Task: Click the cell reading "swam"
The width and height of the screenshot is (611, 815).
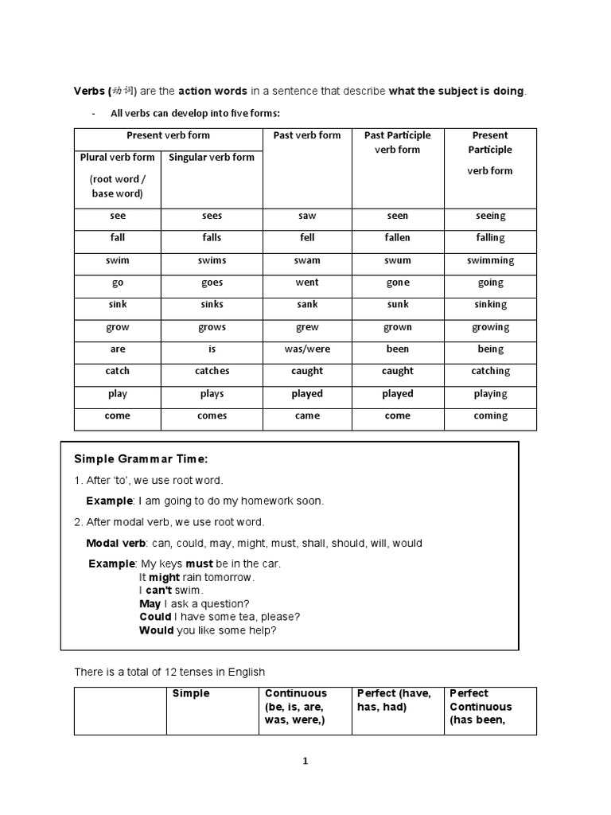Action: (307, 260)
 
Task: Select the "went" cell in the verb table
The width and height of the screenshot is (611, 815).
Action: (307, 283)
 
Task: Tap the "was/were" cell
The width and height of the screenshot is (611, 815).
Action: (307, 349)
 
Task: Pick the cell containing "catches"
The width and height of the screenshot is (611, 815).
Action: (212, 371)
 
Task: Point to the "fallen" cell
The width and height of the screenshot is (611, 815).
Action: (397, 238)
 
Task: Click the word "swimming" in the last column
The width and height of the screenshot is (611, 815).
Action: (490, 260)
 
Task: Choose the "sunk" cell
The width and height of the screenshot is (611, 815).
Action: (397, 304)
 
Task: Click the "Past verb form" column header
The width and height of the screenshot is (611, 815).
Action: (307, 135)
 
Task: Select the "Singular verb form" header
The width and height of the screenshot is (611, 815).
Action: (212, 158)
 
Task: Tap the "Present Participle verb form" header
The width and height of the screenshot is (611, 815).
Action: (490, 152)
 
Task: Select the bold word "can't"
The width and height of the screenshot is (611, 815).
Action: (159, 591)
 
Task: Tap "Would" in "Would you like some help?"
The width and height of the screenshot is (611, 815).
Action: (156, 630)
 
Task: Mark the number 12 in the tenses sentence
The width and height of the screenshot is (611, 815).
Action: (170, 672)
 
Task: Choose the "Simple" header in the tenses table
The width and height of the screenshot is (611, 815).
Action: (191, 694)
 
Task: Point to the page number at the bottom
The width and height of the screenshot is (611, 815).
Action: (305, 761)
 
